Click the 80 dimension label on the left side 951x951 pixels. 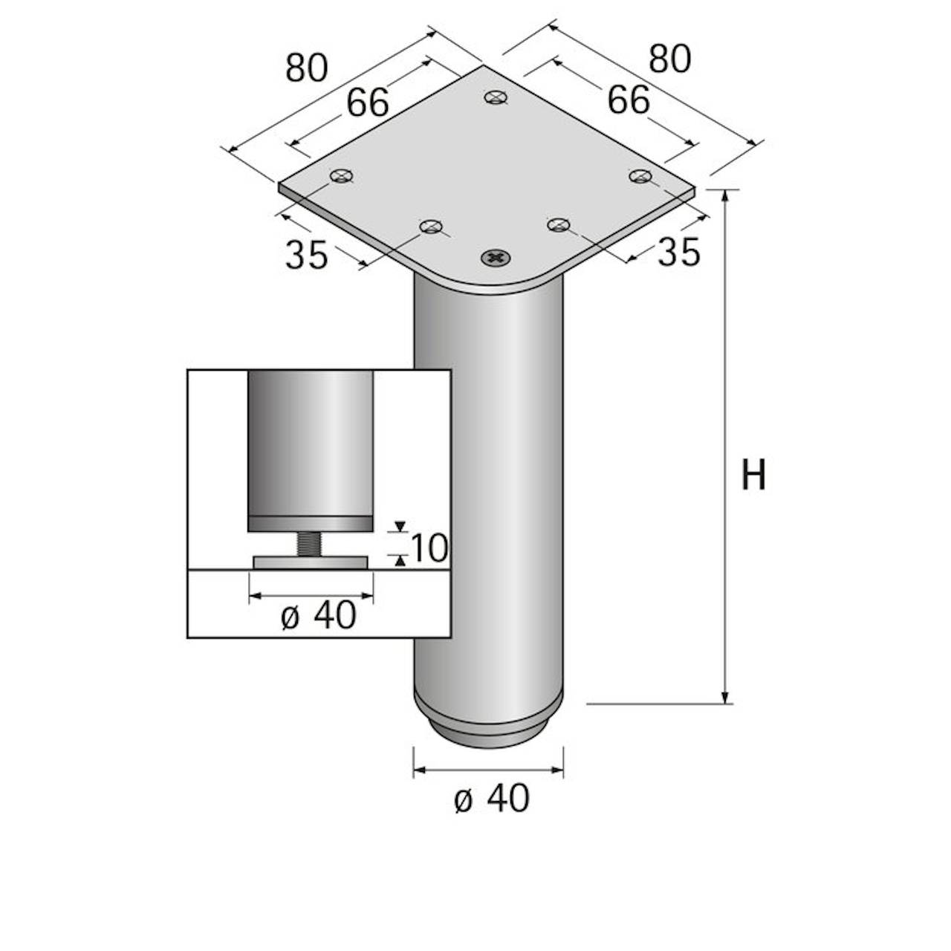[x=306, y=68]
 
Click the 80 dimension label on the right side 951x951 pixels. [x=669, y=59]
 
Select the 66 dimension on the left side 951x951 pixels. [x=367, y=103]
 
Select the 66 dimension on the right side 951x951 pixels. [x=629, y=100]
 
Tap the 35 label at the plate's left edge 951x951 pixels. [x=306, y=256]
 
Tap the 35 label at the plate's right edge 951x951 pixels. [x=679, y=253]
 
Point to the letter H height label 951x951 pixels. [x=753, y=475]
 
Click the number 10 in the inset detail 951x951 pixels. [x=429, y=548]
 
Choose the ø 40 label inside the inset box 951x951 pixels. [x=319, y=616]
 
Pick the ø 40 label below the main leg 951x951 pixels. [x=492, y=799]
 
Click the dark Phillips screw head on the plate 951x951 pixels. [x=496, y=258]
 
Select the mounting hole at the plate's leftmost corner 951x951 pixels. [x=341, y=176]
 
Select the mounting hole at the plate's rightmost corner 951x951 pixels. [x=640, y=176]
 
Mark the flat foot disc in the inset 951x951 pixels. [x=311, y=562]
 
